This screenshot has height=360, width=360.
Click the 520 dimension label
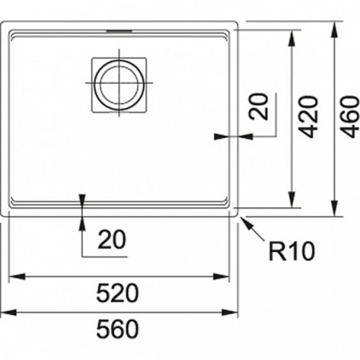click(x=120, y=292)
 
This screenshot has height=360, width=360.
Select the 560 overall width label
click(x=120, y=328)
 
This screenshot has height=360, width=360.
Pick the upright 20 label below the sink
click(x=113, y=238)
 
